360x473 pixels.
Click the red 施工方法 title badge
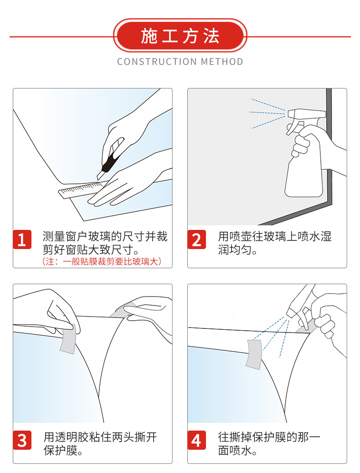coord(180,36)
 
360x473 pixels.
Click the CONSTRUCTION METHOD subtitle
coord(180,62)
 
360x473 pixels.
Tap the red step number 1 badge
coord(22,239)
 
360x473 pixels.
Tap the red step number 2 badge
coord(196,239)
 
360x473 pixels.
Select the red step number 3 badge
coord(22,440)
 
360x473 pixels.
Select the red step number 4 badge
coord(196,440)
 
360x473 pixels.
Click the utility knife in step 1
coord(110,159)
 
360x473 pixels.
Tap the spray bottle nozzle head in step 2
coord(307,114)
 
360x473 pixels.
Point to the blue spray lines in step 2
coord(267,113)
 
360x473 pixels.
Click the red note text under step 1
coord(102,261)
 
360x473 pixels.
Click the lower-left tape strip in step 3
coord(68,338)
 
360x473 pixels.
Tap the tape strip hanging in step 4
coord(254,354)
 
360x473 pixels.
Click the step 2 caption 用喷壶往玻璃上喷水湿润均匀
coord(275,243)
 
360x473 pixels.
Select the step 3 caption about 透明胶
coord(100,444)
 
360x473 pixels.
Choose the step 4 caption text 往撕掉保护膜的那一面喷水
coord(269,444)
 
